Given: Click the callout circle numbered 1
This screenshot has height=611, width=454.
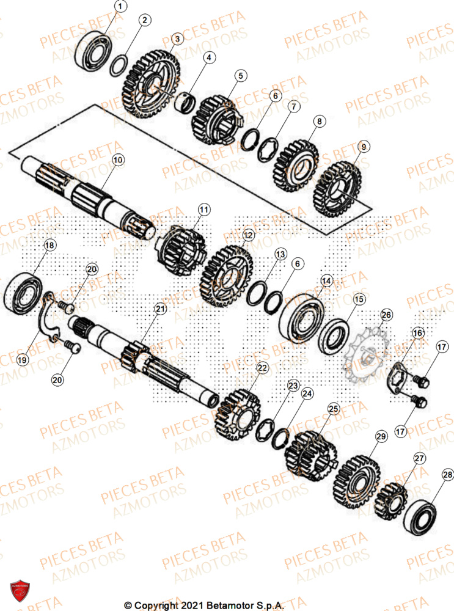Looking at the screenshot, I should point(121,7).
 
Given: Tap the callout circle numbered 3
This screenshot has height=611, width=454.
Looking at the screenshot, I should point(176,39).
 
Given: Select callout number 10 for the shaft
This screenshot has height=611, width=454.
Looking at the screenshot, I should point(117,159).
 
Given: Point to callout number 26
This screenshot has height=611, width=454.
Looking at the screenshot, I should point(386,315).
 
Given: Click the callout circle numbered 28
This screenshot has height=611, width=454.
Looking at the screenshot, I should point(448,474).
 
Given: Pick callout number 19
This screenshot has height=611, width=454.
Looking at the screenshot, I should point(22,360).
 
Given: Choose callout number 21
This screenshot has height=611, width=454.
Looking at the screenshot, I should point(159,310).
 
